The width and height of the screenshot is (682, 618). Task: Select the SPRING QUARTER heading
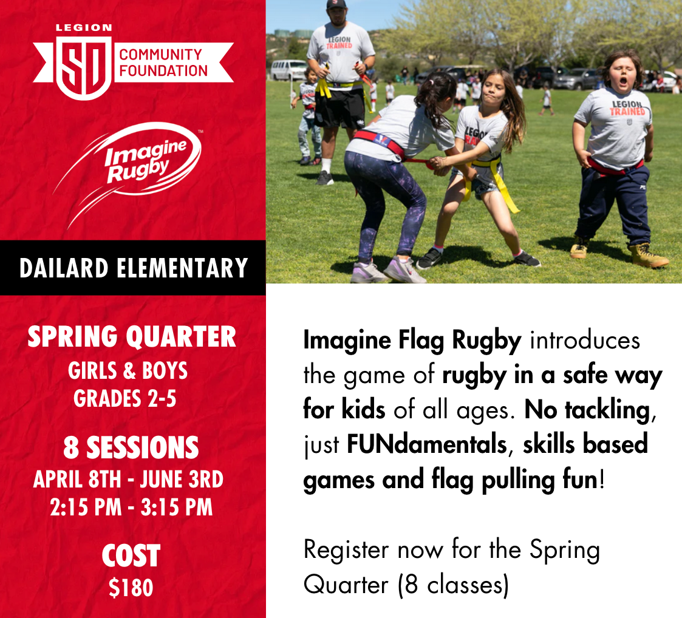(132, 337)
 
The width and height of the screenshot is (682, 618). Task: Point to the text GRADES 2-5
(124, 398)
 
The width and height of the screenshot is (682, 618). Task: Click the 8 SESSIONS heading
(131, 448)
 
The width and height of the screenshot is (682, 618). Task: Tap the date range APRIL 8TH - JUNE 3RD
(128, 480)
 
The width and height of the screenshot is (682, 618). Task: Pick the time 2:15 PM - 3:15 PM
(131, 507)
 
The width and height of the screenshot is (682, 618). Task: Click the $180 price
(131, 588)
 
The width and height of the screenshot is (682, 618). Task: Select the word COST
(131, 556)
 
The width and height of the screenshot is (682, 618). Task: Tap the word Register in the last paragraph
(346, 549)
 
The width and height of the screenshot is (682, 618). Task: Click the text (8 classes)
(453, 585)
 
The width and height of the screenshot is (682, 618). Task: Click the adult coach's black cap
(337, 4)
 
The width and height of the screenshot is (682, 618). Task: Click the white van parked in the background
(288, 70)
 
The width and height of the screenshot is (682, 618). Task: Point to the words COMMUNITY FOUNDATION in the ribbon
(163, 62)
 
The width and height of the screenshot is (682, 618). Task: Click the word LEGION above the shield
(84, 27)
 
